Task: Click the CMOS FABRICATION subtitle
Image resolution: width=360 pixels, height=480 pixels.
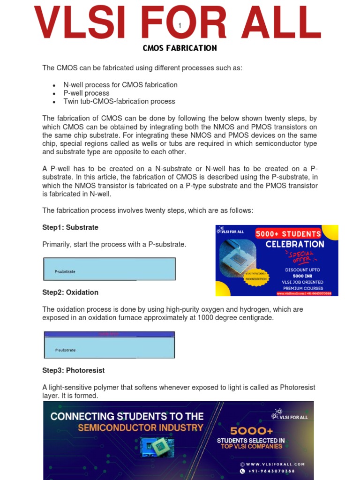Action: point(180,48)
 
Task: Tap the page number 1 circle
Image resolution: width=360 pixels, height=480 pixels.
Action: point(180,26)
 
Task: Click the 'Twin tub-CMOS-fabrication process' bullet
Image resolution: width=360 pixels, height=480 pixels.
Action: point(119,101)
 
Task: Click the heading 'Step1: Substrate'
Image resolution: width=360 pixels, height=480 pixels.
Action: point(70,227)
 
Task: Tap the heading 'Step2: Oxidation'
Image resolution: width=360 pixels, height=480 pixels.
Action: point(70,292)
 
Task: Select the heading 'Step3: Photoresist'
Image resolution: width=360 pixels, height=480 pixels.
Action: point(74,370)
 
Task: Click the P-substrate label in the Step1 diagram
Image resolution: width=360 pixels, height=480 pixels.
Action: point(65,271)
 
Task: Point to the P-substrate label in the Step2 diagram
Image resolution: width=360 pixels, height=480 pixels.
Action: point(65,350)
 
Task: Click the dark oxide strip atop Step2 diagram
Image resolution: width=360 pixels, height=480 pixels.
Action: point(109,334)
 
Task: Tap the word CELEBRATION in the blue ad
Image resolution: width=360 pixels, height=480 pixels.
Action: point(294,244)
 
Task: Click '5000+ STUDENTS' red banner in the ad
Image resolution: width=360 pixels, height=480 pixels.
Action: point(288,233)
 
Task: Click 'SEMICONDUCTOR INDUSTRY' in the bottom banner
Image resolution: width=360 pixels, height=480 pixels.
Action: point(141,427)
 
